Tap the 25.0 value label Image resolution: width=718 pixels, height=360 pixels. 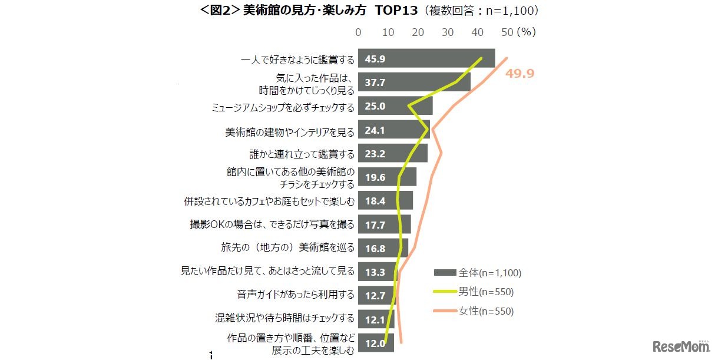(375, 107)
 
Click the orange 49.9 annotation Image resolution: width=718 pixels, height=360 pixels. (520, 74)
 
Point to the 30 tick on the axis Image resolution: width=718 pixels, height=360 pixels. (448, 32)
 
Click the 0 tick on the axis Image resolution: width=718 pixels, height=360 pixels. (358, 32)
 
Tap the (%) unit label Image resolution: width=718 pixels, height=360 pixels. (527, 32)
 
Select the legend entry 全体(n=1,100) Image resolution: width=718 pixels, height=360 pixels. (478, 273)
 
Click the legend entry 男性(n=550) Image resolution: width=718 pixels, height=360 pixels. (474, 292)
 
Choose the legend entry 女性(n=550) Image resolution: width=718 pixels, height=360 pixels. (474, 312)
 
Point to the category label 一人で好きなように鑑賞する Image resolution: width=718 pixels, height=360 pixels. (298, 60)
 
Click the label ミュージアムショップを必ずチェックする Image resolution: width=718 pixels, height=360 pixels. (283, 107)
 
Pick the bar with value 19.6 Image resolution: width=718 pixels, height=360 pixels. (387, 177)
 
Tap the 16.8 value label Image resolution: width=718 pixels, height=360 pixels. (375, 249)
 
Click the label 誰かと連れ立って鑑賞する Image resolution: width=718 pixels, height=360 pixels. (302, 154)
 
